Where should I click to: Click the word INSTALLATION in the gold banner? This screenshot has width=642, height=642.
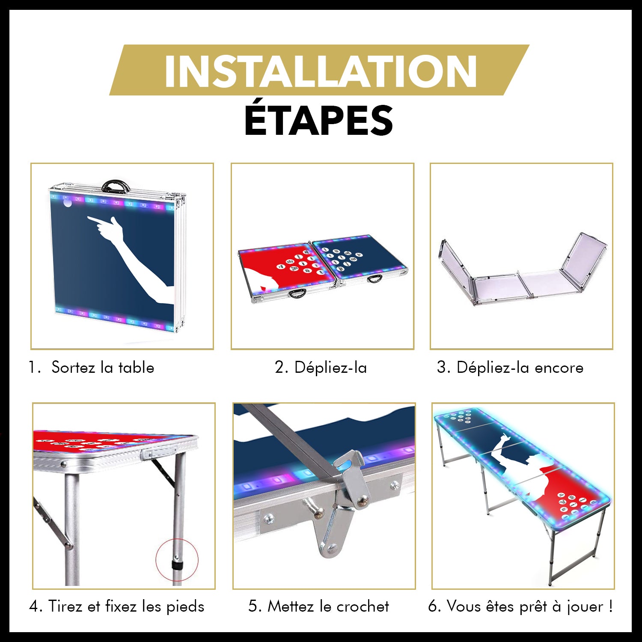point(320,71)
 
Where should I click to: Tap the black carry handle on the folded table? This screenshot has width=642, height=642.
point(116,186)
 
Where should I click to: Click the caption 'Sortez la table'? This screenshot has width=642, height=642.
point(102,368)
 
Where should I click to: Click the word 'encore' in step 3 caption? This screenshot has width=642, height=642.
point(559,368)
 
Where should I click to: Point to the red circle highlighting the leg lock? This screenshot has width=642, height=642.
point(177,560)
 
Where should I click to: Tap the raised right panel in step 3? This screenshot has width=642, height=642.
point(584,257)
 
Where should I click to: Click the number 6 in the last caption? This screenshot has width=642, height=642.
point(434,606)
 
